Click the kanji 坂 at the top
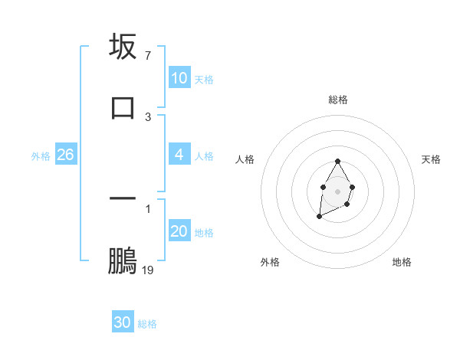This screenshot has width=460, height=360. [123, 47]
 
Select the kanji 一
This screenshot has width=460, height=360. [123, 198]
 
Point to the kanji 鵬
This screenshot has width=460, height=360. [123, 260]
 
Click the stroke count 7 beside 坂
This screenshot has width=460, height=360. [147, 56]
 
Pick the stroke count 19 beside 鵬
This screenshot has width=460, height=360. [148, 270]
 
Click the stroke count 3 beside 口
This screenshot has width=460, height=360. [147, 116]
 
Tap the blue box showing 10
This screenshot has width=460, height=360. [179, 78]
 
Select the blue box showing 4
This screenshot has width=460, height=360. [179, 155]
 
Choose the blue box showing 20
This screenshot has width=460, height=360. [179, 231]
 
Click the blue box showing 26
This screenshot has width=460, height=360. [65, 155]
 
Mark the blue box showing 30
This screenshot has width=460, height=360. [123, 322]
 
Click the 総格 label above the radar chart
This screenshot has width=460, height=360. [338, 100]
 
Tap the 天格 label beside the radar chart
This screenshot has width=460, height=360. [431, 159]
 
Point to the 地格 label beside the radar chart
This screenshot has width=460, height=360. [402, 262]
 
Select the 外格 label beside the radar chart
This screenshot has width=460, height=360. [270, 262]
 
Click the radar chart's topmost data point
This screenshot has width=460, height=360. [337, 161]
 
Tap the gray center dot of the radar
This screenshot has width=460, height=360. [337, 190]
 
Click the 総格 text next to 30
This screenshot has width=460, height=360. [147, 324]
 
